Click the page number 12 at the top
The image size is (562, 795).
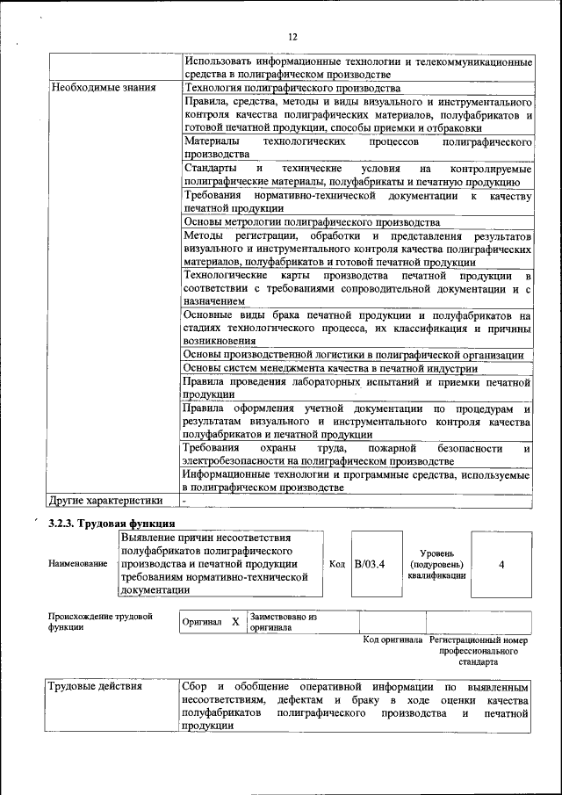click(292, 36)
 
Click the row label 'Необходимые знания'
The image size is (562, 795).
click(104, 88)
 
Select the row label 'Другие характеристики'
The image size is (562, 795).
click(106, 501)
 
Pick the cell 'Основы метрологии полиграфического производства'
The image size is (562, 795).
click(311, 221)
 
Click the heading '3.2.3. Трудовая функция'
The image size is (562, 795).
click(105, 524)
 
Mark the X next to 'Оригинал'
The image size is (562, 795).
click(235, 622)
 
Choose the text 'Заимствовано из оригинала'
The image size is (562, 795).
click(283, 622)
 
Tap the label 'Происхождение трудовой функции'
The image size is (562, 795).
click(101, 622)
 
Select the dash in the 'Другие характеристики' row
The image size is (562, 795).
click(185, 501)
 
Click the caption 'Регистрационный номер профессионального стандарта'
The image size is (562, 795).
click(479, 651)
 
